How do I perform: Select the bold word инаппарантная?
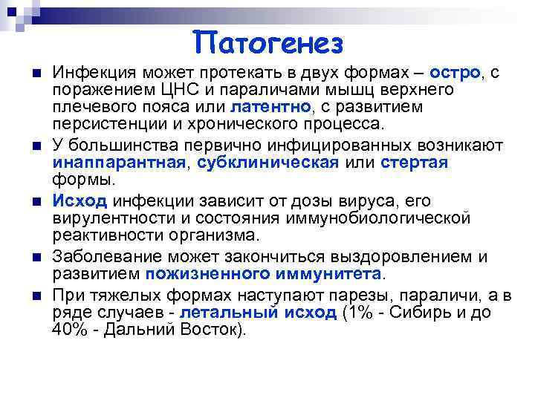119,163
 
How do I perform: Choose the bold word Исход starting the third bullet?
81,201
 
